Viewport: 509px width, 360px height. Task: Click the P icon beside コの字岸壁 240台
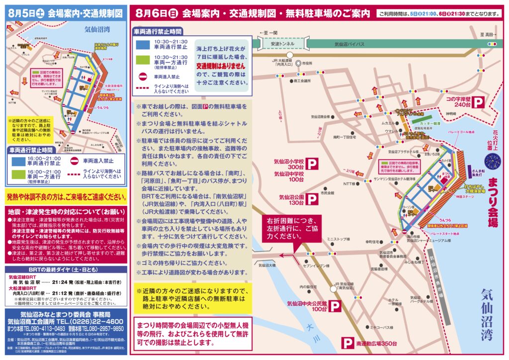[x=478, y=102]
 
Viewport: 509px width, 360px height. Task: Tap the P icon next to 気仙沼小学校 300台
[x=312, y=164]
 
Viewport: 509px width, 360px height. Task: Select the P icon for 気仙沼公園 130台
[x=312, y=199]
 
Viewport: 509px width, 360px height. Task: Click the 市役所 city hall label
[x=307, y=64]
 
